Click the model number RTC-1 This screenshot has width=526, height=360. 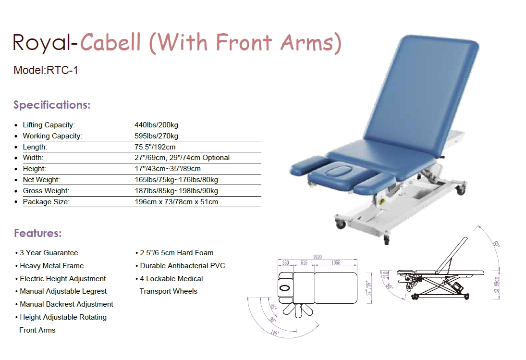tap(62, 70)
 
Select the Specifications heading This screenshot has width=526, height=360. tap(52, 105)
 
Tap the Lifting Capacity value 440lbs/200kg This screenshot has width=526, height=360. tap(156, 125)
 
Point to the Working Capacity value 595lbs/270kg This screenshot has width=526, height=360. tap(156, 136)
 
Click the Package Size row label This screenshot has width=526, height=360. tap(46, 202)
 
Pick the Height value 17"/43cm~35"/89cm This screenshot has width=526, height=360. tap(168, 169)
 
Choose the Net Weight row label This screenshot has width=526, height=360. tap(41, 180)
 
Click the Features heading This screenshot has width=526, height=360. tap(37, 233)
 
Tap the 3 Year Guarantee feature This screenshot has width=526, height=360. tap(49, 253)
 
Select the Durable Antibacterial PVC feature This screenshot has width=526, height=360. tap(183, 266)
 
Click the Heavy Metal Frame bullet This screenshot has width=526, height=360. tap(52, 266)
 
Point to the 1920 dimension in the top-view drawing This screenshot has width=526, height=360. tap(318, 257)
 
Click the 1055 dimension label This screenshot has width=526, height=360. tap(336, 263)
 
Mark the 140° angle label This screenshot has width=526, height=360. tap(275, 333)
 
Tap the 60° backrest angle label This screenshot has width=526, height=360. tap(496, 244)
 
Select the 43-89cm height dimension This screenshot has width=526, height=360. tap(497, 285)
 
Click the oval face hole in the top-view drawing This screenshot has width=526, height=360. tap(285, 288)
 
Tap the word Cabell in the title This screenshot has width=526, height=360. tap(110, 42)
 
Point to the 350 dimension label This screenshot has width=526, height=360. tap(285, 263)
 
